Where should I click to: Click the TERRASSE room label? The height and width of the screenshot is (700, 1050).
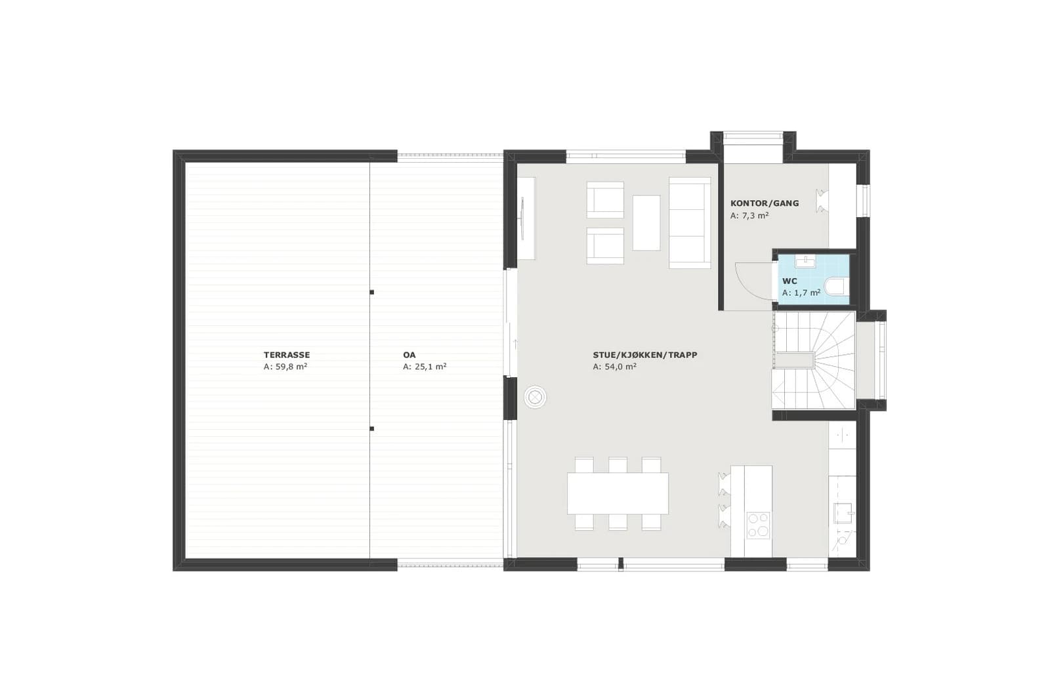pyautogui.click(x=286, y=355)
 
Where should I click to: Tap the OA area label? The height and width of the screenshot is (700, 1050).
pyautogui.click(x=409, y=355)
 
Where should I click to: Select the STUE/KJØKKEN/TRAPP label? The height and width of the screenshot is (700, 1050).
pyautogui.click(x=645, y=355)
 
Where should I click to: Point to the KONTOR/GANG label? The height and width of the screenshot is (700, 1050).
pyautogui.click(x=765, y=203)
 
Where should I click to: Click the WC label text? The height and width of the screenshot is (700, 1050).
pyautogui.click(x=789, y=281)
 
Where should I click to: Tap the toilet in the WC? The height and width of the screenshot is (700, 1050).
pyautogui.click(x=836, y=286)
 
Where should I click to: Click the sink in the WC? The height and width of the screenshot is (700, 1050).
pyautogui.click(x=805, y=262)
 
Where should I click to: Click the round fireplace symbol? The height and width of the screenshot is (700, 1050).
pyautogui.click(x=535, y=398)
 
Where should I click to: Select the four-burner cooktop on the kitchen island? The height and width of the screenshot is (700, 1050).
pyautogui.click(x=758, y=525)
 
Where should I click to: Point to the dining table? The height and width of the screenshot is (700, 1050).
pyautogui.click(x=618, y=494)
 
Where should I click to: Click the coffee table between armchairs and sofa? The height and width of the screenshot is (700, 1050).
pyautogui.click(x=646, y=223)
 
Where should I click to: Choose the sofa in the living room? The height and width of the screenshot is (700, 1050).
pyautogui.click(x=690, y=223)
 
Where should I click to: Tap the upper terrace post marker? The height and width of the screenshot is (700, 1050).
pyautogui.click(x=371, y=293)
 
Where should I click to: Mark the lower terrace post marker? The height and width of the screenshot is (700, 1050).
pyautogui.click(x=371, y=428)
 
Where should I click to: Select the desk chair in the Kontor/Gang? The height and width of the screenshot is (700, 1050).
pyautogui.click(x=821, y=201)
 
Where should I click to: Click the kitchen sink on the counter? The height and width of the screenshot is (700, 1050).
pyautogui.click(x=843, y=513)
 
